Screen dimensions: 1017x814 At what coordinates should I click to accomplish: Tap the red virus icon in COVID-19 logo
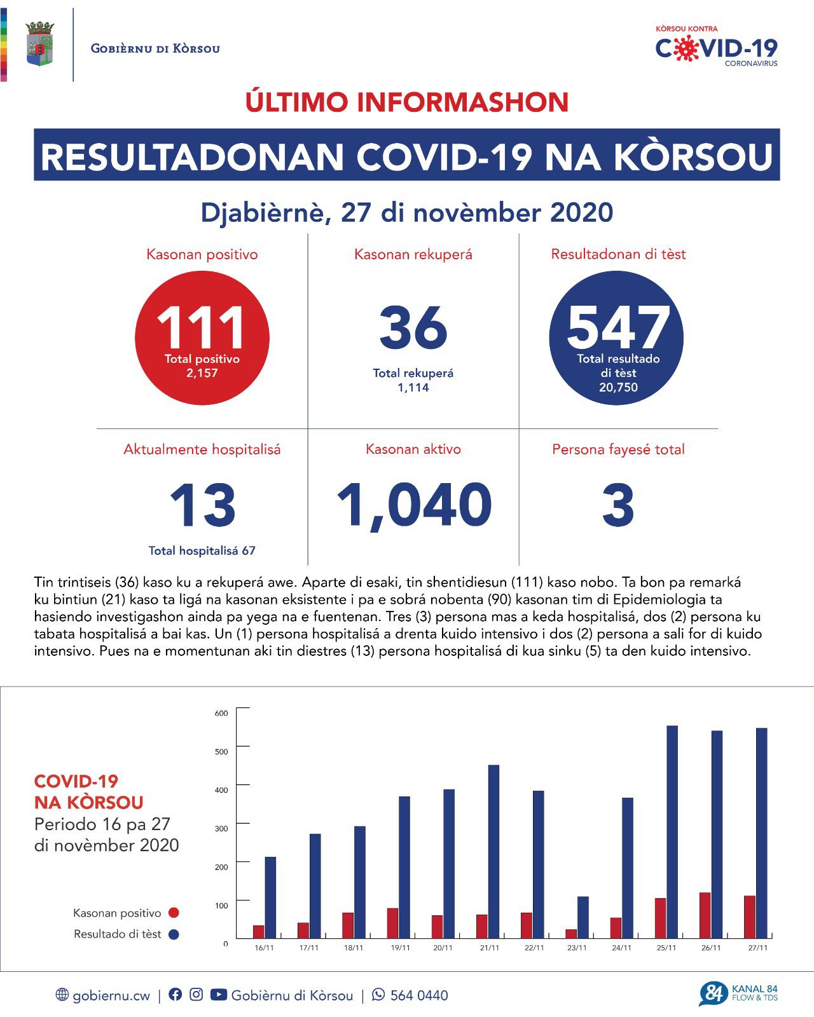click(x=684, y=48)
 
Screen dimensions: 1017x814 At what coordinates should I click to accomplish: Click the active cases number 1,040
click(x=413, y=505)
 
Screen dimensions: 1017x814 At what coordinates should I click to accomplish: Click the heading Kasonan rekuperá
click(x=413, y=255)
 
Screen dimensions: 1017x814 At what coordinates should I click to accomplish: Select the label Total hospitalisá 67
click(x=202, y=550)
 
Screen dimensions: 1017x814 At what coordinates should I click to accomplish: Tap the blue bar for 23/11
click(x=583, y=917)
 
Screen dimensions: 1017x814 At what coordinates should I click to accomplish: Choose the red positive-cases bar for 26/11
click(x=705, y=915)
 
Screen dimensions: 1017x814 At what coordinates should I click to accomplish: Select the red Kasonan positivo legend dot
click(x=173, y=913)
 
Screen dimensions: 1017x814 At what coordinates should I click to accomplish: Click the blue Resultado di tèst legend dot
click(x=173, y=934)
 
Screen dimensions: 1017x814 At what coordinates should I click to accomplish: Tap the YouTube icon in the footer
click(x=218, y=995)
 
